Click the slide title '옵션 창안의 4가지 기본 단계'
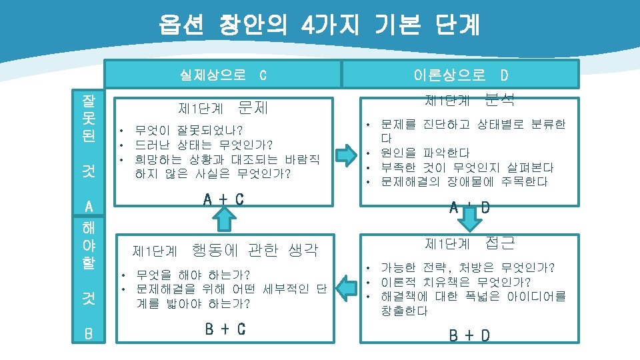pos(319,25)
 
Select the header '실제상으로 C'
pos(223,74)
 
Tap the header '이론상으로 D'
pos(461,74)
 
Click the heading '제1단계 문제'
pos(223,107)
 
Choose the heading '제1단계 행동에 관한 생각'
pos(225,251)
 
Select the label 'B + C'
pos(225,328)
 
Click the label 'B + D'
pos(469,335)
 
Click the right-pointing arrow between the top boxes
pos(346,155)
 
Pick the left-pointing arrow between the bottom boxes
pos(346,287)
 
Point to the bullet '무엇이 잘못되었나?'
pos(189,129)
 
